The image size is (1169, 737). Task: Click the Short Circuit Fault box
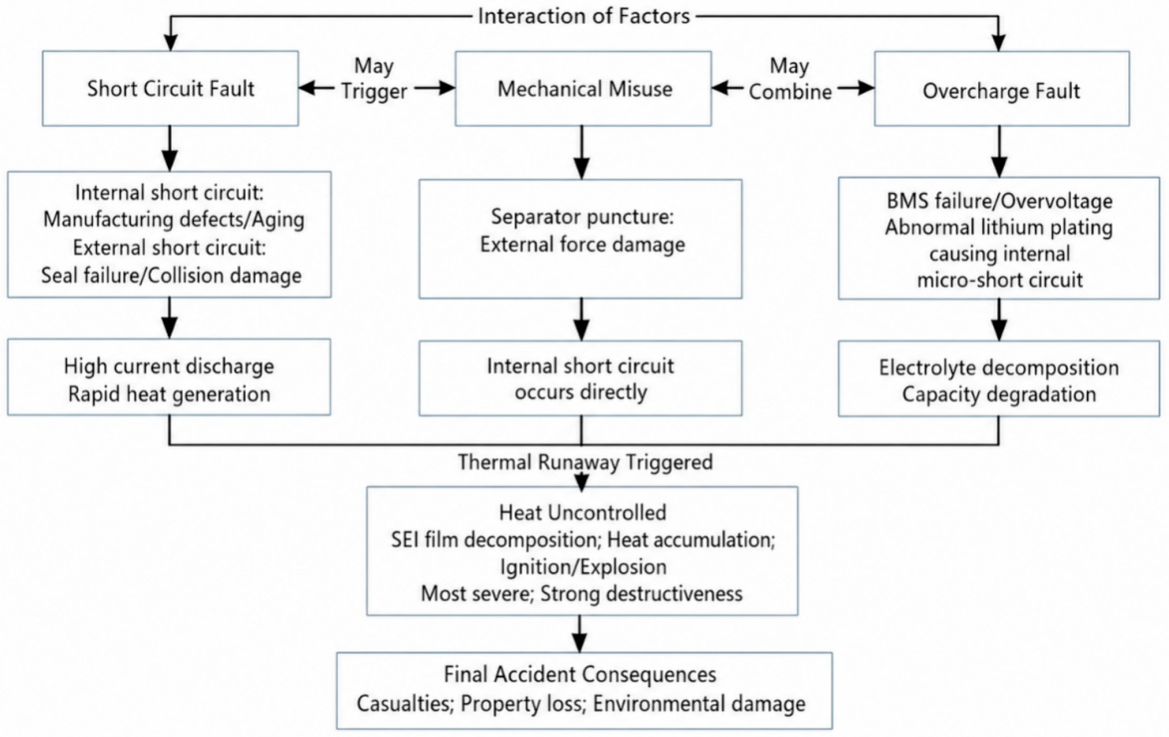click(x=170, y=89)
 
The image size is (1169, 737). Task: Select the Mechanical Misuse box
click(x=583, y=89)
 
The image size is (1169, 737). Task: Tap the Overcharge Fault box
click(x=1002, y=89)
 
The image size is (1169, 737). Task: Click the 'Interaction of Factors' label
click(x=584, y=16)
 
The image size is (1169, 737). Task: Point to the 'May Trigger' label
click(x=374, y=78)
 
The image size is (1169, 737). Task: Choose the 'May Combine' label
click(x=790, y=78)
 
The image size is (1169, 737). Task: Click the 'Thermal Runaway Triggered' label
click(x=585, y=462)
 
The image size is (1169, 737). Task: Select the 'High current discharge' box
click(x=169, y=377)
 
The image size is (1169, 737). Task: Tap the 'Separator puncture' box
click(x=580, y=239)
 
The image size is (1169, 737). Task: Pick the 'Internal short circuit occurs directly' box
click(x=580, y=378)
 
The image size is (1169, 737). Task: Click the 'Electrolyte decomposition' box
click(x=999, y=378)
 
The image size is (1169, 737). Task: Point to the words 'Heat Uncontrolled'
click(x=582, y=512)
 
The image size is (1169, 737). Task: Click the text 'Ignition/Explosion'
click(x=583, y=567)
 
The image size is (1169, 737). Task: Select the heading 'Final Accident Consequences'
click(x=580, y=674)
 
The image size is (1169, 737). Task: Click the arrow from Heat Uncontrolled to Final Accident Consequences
click(x=580, y=634)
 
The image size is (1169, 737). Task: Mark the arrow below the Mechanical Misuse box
click(x=582, y=152)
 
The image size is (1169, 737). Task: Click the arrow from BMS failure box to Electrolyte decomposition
click(x=999, y=320)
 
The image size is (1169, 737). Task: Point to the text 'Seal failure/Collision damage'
click(x=171, y=275)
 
